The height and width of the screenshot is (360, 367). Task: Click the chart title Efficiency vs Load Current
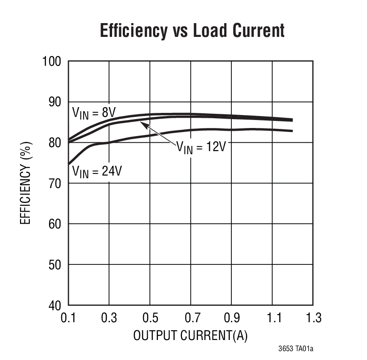[x=192, y=31]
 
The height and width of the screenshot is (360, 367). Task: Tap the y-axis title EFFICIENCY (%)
[x=26, y=183]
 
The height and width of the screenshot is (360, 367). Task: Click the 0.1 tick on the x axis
[x=68, y=318]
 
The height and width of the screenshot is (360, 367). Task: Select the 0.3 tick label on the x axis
[x=109, y=318]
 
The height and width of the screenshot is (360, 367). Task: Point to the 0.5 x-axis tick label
[x=150, y=318]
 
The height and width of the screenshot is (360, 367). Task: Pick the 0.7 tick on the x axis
[x=191, y=318]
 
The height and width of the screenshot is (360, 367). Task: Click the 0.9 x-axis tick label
[x=232, y=318]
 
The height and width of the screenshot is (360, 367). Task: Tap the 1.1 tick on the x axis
[x=272, y=318]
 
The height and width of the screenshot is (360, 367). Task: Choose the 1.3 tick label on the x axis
[x=313, y=318]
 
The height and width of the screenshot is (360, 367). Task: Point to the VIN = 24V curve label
[x=97, y=171]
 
